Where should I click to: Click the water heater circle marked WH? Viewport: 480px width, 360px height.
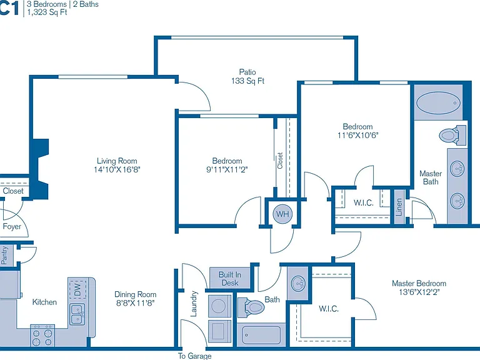[282, 214]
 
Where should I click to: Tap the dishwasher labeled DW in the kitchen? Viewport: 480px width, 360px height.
[77, 289]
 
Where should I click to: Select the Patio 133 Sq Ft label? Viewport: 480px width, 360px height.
[247, 76]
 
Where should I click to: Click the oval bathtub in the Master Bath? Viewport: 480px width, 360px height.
[438, 103]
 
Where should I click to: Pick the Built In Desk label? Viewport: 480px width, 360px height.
[230, 279]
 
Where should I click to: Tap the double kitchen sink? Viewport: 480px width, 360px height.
[77, 314]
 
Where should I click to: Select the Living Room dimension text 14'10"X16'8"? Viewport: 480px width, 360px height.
[117, 169]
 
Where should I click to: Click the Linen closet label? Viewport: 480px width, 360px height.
[399, 207]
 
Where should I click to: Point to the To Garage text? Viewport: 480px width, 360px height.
[195, 356]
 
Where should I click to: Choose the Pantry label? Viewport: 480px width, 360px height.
[4, 255]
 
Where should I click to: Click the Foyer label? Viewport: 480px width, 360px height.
[12, 226]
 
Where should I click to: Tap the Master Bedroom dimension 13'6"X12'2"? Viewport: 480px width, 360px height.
[419, 292]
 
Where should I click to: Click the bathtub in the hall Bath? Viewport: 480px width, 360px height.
[261, 335]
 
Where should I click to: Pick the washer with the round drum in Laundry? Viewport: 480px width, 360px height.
[219, 306]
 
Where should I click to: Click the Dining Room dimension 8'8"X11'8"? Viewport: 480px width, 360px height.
[135, 303]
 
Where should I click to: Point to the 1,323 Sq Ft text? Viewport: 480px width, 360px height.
[47, 12]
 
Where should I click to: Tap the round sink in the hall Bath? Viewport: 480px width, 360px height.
[298, 283]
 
